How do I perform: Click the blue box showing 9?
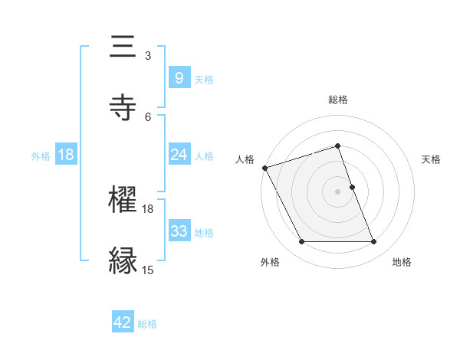coord(179,78)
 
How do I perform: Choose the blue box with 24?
coord(179,155)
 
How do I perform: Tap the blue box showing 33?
coord(179,231)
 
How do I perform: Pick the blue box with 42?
coord(123,322)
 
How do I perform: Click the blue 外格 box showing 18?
coord(66,155)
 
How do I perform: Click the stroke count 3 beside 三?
coord(148,56)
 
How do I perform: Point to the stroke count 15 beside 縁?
coord(148,269)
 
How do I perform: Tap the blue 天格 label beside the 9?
coord(204,79)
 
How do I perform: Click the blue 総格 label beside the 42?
coord(147,324)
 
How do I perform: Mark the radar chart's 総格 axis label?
coord(337,100)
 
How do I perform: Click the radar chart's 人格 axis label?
coord(245,159)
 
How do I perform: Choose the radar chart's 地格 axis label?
coord(402,262)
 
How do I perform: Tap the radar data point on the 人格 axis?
coord(265,168)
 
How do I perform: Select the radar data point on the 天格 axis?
coord(352,187)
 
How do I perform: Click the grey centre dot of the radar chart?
coord(337,191)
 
